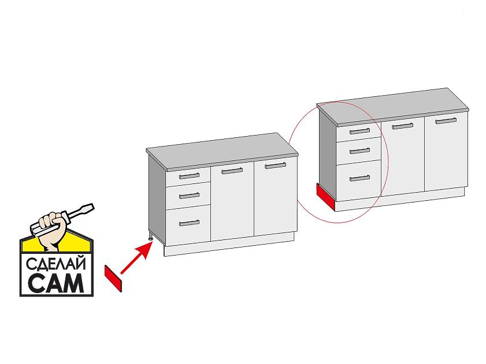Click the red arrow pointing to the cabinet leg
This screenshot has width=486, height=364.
[x=136, y=257]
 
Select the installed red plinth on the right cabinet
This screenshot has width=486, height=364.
[x=326, y=197]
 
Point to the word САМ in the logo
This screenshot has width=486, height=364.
[x=56, y=283]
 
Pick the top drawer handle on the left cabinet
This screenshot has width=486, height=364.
[x=190, y=176]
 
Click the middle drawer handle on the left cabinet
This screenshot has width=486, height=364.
[x=190, y=196]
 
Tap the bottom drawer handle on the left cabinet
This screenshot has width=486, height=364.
[x=190, y=223]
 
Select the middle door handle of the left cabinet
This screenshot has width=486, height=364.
[x=232, y=171]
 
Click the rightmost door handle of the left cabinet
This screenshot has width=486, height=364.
[x=276, y=166]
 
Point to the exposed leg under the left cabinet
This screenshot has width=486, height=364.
[x=151, y=238]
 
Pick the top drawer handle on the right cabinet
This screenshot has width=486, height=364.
[x=360, y=132]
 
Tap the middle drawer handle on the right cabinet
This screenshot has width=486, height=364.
[x=360, y=151]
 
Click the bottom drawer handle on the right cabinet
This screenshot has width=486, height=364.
[x=360, y=178]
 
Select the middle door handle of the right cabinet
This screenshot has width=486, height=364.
[x=403, y=126]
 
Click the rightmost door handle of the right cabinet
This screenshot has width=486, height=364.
[x=446, y=121]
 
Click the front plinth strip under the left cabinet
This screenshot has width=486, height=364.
[x=229, y=245]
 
